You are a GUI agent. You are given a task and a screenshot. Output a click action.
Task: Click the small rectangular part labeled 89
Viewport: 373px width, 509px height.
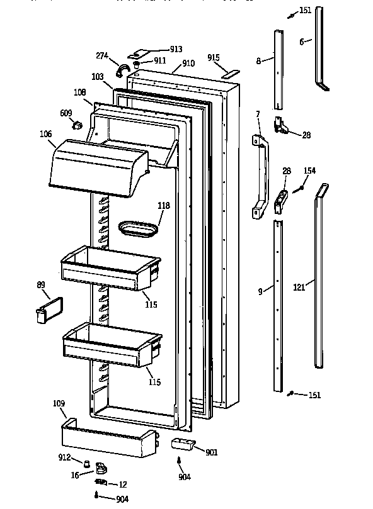[46, 311]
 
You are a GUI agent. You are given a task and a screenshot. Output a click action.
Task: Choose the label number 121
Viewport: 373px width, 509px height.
[299, 288]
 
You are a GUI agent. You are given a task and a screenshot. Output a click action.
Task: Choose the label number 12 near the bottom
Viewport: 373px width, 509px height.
[123, 484]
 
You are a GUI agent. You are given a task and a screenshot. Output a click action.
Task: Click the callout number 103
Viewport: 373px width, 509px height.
[97, 76]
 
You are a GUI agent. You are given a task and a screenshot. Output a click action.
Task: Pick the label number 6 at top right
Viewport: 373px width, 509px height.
[302, 42]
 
